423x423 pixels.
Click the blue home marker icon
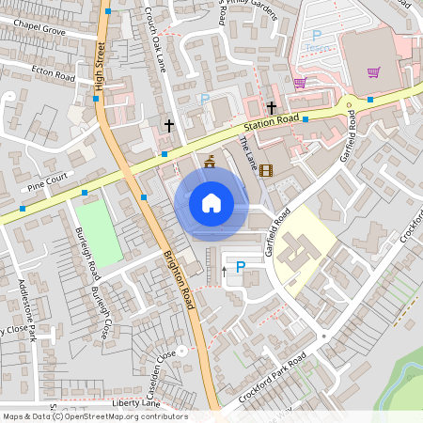pos(211,203)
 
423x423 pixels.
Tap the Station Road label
pos(272,121)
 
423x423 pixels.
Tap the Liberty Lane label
pos(132,401)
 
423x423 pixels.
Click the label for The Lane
pos(248,151)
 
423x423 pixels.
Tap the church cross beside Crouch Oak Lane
pos(169,124)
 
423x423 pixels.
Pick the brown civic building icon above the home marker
pos(209,161)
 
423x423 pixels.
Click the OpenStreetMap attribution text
pos(94,416)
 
